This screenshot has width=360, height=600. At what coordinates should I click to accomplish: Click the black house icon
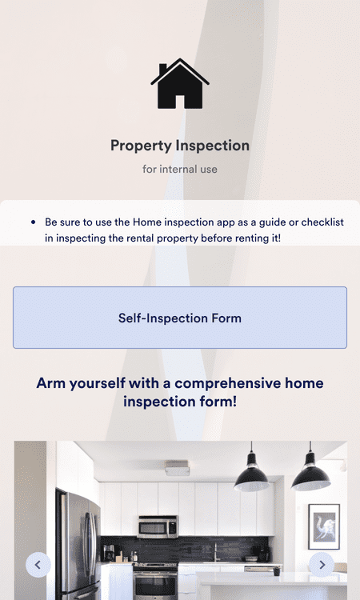tap(180, 84)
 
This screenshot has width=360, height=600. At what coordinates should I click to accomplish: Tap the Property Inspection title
tap(180, 146)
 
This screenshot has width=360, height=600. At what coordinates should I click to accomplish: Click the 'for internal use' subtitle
tap(180, 170)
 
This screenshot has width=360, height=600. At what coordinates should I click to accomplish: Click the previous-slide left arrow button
tap(38, 565)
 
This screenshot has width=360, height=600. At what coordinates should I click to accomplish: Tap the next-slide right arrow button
tap(322, 565)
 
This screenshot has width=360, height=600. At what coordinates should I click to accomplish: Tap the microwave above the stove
tap(158, 526)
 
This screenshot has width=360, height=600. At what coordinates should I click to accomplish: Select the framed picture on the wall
tap(323, 526)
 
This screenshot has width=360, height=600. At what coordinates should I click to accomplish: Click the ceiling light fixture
tap(178, 469)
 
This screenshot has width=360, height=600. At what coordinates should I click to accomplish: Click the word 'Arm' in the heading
tap(50, 383)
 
